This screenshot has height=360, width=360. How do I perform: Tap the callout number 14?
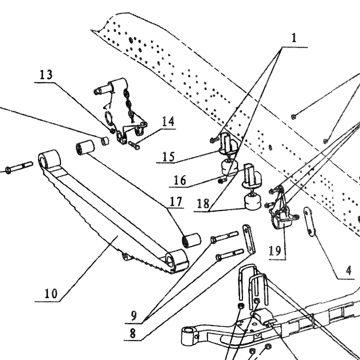point(168,121)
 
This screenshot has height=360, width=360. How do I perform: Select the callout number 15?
point(168,156)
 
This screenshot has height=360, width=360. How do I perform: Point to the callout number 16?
point(180,180)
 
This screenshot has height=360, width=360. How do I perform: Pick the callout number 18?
point(203,204)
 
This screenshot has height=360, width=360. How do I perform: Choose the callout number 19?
point(275,251)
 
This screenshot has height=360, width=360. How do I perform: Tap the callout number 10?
point(51,294)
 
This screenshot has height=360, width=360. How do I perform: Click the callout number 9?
point(134,316)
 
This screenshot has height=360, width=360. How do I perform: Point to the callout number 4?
point(348,271)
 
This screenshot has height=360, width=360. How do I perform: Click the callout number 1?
point(294,38)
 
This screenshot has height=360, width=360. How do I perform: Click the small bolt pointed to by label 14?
point(134,145)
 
